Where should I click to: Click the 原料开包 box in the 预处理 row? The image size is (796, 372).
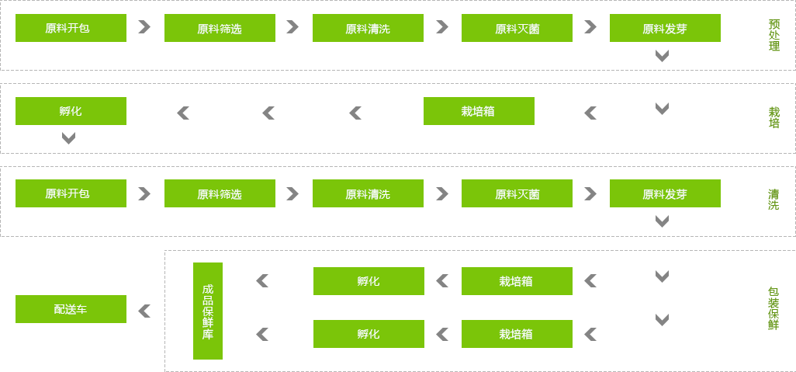pos(70,28)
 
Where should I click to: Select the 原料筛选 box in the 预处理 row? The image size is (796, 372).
pos(219,28)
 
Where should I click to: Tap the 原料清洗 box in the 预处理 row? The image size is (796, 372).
pos(367,28)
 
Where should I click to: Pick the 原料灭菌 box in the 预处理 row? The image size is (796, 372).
pos(516,28)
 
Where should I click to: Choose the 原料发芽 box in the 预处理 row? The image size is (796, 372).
pos(664,28)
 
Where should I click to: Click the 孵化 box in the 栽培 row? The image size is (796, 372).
pos(70,111)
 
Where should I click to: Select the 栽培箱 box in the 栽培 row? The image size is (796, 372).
pos(478,111)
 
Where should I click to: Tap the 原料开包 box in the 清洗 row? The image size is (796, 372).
pos(70,193)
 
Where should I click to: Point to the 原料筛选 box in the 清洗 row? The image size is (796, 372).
pos(219,193)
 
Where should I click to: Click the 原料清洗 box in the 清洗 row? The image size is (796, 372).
pos(367,193)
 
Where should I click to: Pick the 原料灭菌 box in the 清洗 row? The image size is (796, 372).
pos(516,193)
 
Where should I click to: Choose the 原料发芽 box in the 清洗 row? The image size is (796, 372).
pos(664,193)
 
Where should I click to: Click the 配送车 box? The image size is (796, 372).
pos(70,309)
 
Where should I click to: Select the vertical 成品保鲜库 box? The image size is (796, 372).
pos(207,311)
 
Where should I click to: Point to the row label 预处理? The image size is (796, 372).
pos(774,35)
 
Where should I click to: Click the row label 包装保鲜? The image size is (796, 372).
pos(773,308)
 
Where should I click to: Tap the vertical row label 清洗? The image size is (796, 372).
pos(774,200)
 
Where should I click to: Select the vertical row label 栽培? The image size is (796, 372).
pos(774,117)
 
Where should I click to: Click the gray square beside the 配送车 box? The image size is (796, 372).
pos(144,311)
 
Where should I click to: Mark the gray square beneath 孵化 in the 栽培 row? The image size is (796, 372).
pos(68,138)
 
